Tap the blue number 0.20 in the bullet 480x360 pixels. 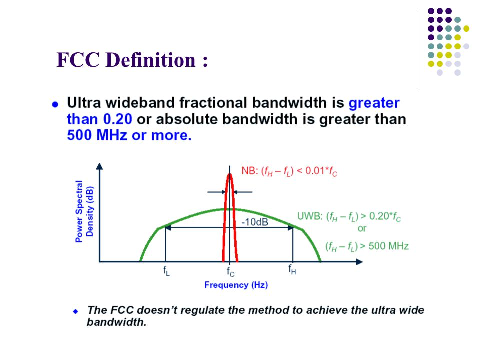(x=118, y=119)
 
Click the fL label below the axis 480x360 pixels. (x=166, y=271)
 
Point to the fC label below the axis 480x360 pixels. (x=231, y=271)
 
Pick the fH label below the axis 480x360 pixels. (x=292, y=269)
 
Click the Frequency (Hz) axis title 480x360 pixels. (x=236, y=285)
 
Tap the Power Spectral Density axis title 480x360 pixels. (x=85, y=211)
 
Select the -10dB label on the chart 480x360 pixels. (x=255, y=222)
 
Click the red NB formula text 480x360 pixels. (x=289, y=171)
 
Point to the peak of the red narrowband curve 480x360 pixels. (x=229, y=174)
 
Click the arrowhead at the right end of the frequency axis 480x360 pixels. (x=359, y=262)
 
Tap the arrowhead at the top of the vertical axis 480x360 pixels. (x=99, y=166)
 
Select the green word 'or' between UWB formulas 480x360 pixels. (x=362, y=228)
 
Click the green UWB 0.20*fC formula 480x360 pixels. (x=349, y=217)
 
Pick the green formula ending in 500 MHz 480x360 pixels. (x=367, y=246)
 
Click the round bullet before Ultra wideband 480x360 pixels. (x=55, y=105)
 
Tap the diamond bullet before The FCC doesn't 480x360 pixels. (x=76, y=312)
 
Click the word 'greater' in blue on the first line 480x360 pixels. (x=374, y=103)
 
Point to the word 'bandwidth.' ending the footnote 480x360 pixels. (x=117, y=322)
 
